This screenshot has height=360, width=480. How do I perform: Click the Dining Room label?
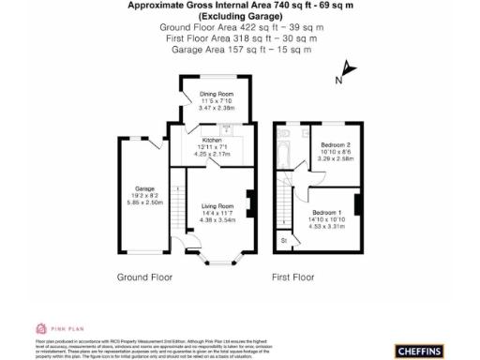[x=216, y=95]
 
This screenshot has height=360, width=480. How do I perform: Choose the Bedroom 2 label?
[x=335, y=145]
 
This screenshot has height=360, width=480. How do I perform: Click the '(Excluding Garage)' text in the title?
[x=239, y=17]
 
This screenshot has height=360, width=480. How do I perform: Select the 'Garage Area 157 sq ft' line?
[x=239, y=49]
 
